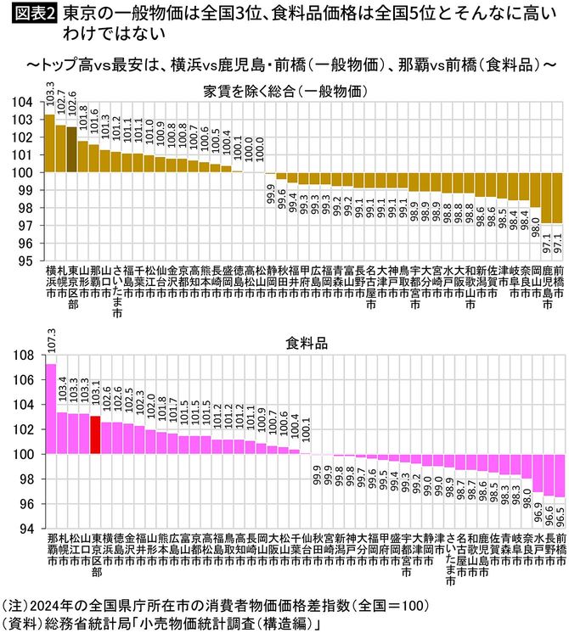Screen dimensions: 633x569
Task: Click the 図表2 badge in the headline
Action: click(x=31, y=14)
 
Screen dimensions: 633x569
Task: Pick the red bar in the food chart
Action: click(x=95, y=435)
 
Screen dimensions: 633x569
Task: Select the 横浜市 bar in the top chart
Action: click(x=49, y=143)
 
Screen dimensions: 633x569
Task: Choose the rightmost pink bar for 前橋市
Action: click(x=559, y=475)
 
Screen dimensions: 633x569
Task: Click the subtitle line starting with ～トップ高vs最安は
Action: click(x=284, y=65)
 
